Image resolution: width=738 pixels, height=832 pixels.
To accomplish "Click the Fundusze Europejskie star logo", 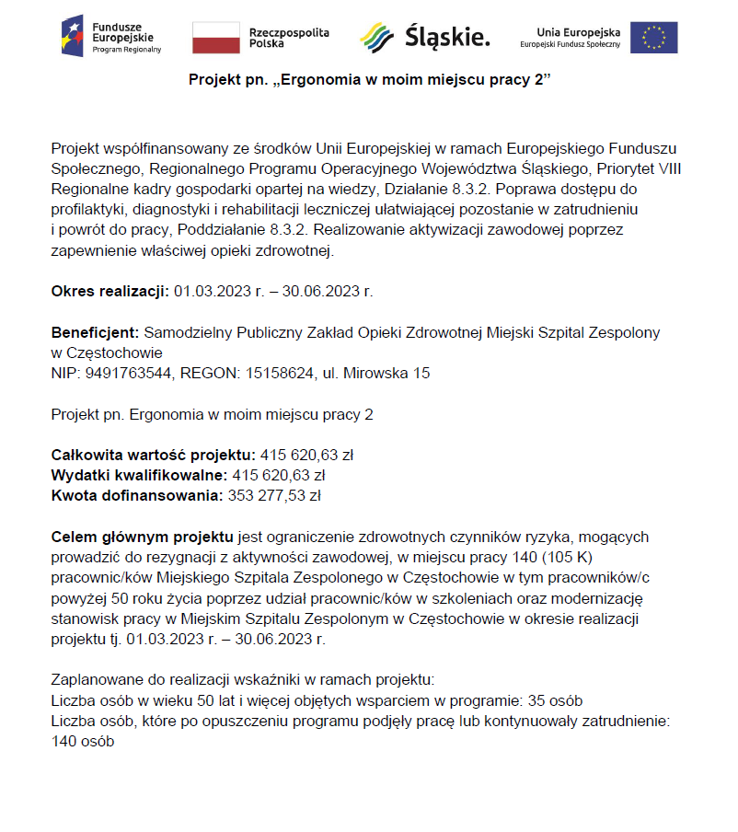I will [x=75, y=37].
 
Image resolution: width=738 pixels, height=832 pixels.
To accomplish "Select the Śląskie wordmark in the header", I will [x=447, y=38].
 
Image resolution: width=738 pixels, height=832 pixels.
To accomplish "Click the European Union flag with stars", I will [x=654, y=38].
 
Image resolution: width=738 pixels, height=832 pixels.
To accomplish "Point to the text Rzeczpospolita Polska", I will [x=288, y=38].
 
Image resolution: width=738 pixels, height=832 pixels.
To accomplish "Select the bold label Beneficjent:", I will [x=95, y=332].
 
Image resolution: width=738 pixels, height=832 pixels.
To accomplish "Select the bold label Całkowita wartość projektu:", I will [x=153, y=455].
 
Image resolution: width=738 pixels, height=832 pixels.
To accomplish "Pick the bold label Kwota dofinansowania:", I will [x=137, y=495].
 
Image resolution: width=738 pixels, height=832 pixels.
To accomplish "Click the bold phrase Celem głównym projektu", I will [x=144, y=536].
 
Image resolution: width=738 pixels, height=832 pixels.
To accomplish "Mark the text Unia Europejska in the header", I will [x=578, y=31].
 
